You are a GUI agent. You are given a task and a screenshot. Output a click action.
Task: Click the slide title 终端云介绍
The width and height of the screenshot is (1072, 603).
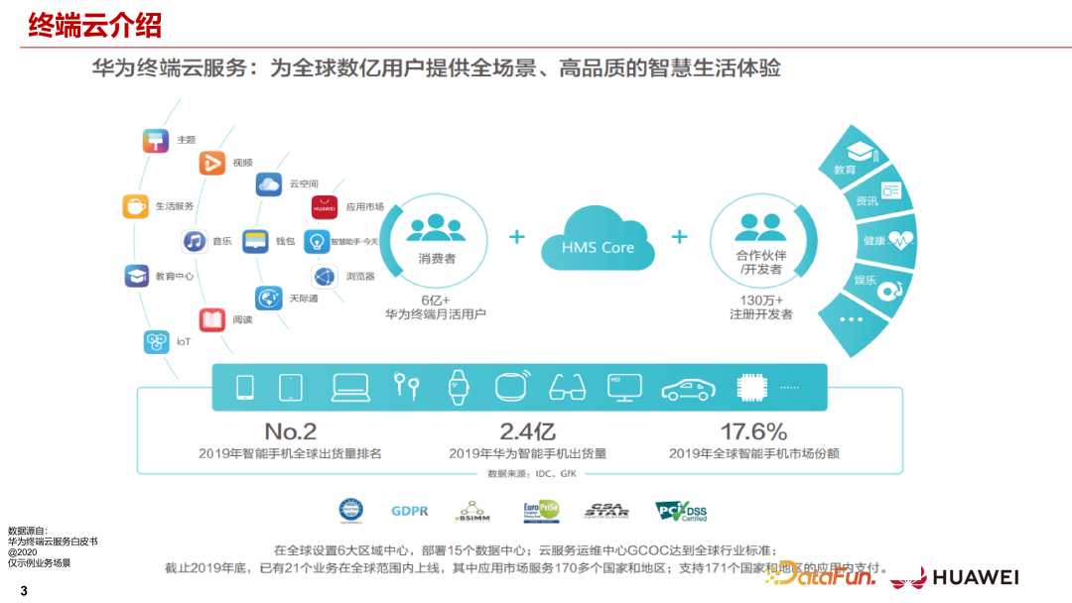point(95,25)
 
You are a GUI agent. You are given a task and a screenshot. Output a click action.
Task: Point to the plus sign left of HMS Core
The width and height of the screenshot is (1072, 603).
point(516,237)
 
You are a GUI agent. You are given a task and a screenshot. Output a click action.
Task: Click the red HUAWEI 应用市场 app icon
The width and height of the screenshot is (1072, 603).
point(325,207)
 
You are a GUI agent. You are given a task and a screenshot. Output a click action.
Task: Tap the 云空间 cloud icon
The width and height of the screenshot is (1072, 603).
point(269,183)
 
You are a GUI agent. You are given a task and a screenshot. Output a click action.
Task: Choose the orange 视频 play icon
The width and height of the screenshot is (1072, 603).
point(212,162)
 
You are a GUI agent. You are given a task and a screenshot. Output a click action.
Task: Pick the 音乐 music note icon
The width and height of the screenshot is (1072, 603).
point(195,241)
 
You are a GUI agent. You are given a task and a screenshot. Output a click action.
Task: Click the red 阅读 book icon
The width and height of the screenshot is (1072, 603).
point(212,319)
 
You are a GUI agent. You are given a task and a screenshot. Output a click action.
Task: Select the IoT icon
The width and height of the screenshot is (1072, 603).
point(156,342)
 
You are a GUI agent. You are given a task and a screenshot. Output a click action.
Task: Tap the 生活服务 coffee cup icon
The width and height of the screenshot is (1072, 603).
point(136,205)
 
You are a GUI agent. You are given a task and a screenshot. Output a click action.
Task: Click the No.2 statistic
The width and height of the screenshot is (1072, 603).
point(290,431)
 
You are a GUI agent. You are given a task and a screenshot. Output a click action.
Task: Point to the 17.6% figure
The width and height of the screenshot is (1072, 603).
point(753,431)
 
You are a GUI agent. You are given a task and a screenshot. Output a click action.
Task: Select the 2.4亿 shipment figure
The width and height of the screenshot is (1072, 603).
point(527,431)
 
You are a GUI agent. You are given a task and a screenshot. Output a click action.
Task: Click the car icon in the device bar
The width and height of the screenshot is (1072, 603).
point(689,387)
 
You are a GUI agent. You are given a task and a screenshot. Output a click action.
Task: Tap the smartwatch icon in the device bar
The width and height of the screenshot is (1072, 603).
point(458,386)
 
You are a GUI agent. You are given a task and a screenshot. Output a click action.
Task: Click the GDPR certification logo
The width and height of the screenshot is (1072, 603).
point(410,511)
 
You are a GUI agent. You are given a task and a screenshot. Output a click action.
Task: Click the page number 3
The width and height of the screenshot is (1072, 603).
point(24,592)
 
